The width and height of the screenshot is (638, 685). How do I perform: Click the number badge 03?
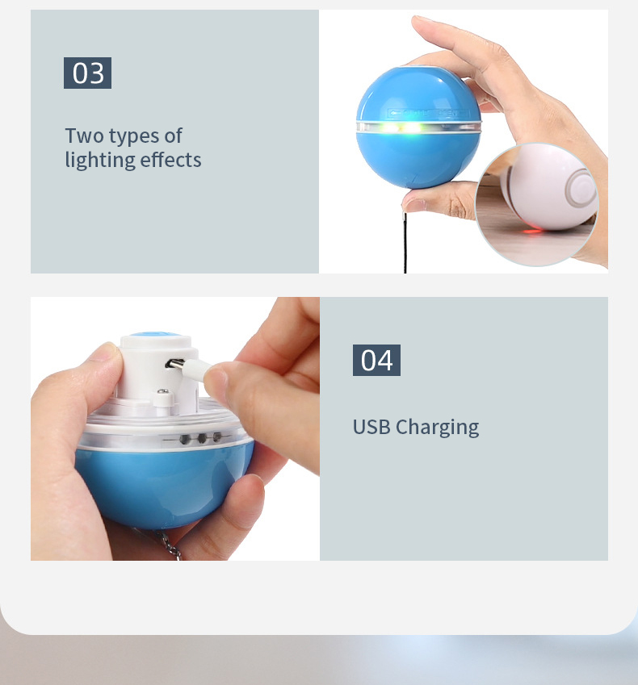click(87, 73)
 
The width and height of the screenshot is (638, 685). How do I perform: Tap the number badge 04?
click(376, 360)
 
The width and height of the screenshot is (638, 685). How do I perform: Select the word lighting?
click(99, 161)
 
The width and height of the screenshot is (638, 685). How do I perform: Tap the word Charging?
click(437, 428)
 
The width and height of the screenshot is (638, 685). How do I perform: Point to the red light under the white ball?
click(531, 231)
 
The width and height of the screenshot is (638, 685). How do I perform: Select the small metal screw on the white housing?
click(162, 391)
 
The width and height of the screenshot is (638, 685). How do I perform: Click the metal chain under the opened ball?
click(167, 546)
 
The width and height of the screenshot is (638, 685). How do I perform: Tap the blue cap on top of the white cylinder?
click(156, 334)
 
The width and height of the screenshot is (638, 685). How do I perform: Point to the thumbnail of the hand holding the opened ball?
click(175, 428)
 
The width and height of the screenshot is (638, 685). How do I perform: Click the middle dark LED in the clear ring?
click(202, 438)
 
